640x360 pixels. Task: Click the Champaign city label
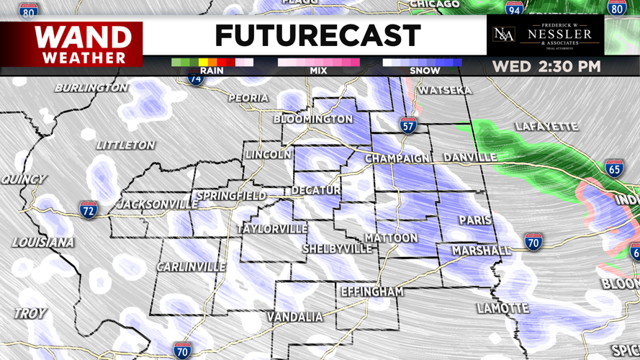[397, 158]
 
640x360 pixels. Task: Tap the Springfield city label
[231, 196]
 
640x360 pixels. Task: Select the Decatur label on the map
[315, 191]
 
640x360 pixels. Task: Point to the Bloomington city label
[313, 119]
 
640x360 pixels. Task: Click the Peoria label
[248, 98]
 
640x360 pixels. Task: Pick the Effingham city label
[371, 292]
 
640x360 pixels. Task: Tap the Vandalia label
[295, 317]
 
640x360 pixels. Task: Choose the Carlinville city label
[191, 267]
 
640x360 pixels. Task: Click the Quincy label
[24, 179]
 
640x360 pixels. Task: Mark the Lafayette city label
[546, 127]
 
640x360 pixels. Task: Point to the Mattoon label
[391, 238]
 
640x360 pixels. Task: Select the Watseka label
[445, 91]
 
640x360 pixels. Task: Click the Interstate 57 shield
[408, 125]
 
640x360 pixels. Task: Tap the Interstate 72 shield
[89, 210]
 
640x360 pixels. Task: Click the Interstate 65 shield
[614, 168]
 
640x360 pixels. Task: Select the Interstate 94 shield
[514, 9]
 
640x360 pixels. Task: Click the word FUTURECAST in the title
[317, 35]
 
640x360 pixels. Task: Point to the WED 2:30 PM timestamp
[546, 67]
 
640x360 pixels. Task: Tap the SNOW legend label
[425, 71]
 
